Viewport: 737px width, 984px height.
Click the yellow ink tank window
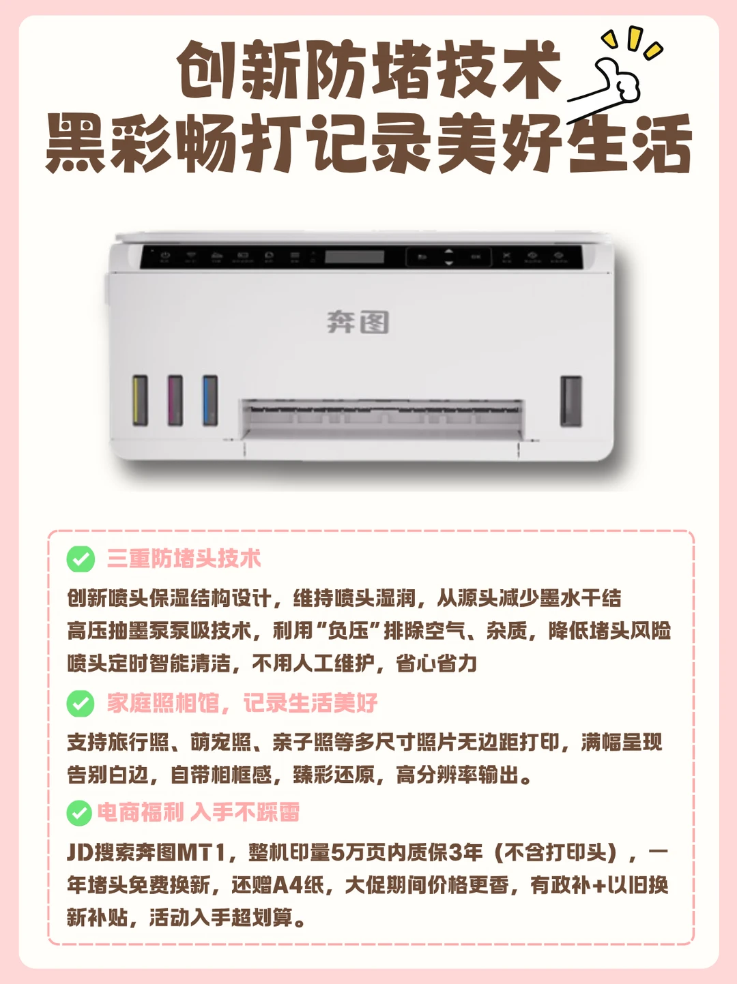pos(141,400)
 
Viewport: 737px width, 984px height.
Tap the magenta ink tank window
pos(175,400)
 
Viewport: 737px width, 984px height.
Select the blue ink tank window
pos(210,400)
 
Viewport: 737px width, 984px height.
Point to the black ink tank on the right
pos(571,401)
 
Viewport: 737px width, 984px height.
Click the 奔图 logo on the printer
pos(358,323)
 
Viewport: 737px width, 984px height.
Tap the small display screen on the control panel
pos(354,257)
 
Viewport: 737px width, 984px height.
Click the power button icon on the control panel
pos(165,256)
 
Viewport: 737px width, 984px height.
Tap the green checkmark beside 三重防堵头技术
pos(81,559)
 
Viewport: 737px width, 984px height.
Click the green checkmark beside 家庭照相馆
pos(81,703)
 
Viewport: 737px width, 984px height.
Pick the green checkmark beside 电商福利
pos(79,813)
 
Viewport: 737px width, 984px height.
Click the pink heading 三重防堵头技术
pos(184,559)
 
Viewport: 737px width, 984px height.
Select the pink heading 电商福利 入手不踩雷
pos(199,812)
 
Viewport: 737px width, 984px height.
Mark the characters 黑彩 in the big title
pos(109,143)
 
